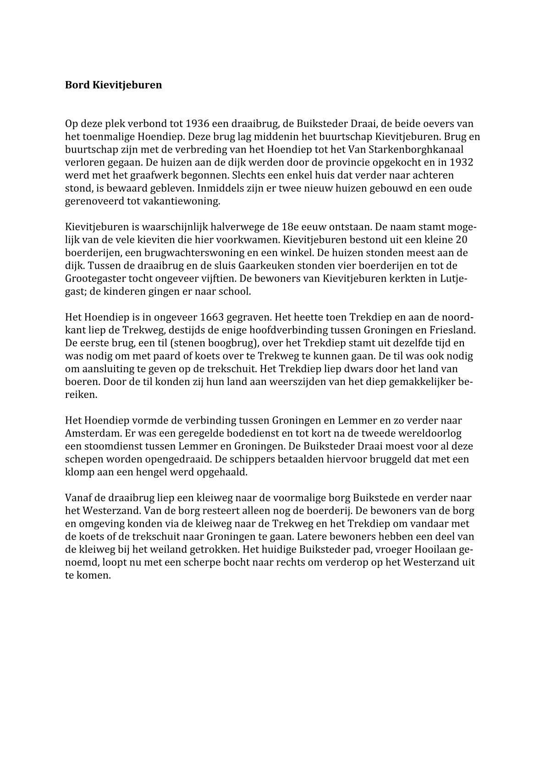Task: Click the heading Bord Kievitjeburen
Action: click(113, 85)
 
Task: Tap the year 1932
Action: click(462, 162)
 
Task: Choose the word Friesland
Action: click(452, 330)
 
